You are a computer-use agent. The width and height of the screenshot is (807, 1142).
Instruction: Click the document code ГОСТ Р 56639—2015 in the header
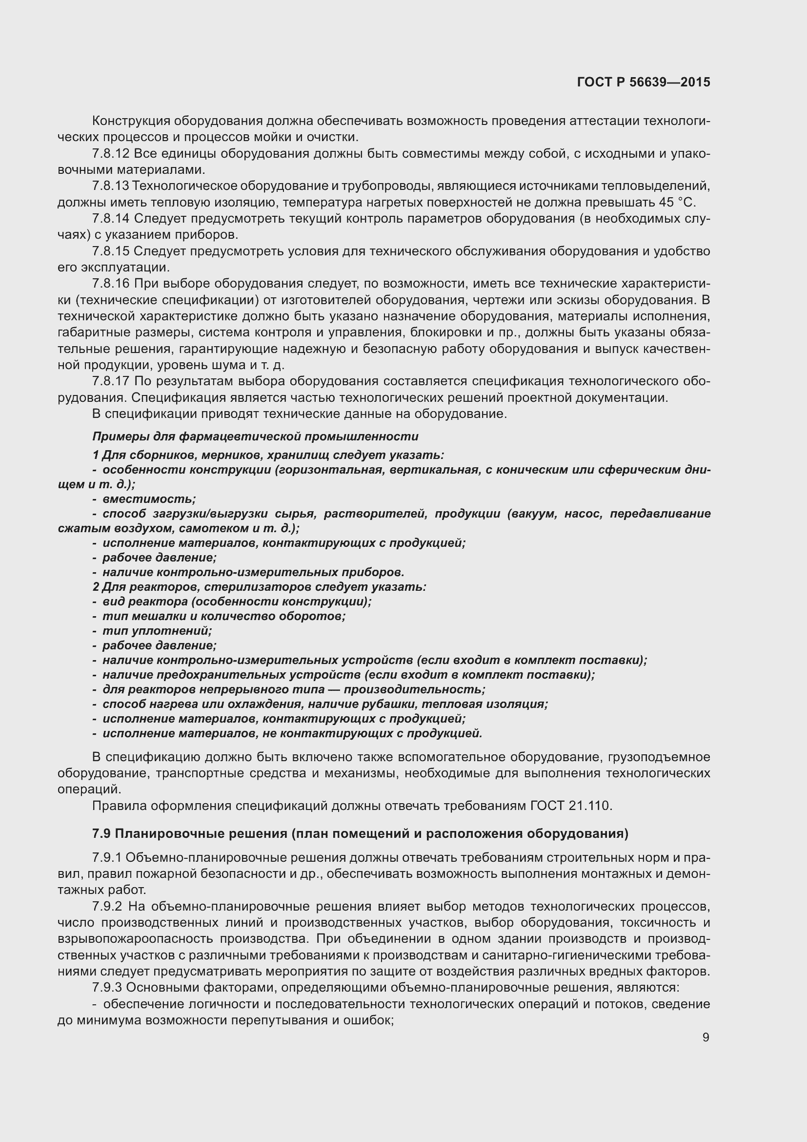click(x=644, y=83)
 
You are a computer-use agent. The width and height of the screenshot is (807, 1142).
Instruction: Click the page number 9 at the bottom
click(x=706, y=1038)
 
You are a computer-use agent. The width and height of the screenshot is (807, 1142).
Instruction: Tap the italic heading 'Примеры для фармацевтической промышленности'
click(x=255, y=436)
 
